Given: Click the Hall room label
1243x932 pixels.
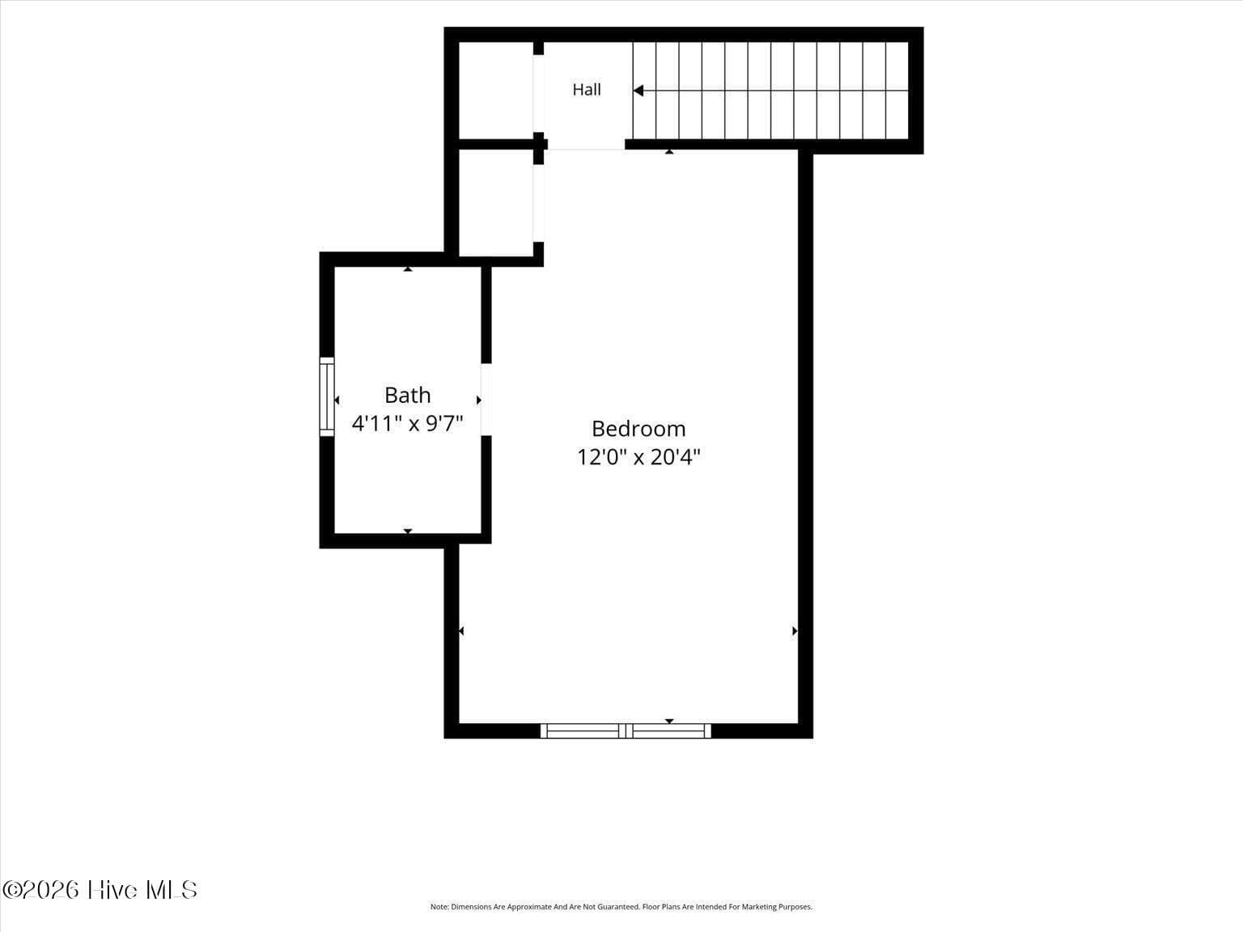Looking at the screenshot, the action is point(587,90).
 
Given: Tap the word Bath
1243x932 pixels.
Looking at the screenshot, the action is point(408,395).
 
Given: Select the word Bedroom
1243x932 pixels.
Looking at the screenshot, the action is point(638,429).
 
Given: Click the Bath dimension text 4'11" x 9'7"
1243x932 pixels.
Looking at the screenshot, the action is point(408,423).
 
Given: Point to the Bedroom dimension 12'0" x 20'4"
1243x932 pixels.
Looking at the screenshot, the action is point(638,457).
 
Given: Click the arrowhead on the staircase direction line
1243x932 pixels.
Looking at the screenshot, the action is point(638,91).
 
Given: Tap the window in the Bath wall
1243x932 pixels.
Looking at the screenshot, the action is point(327,396).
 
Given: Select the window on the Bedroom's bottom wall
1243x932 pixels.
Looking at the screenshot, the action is point(626,731).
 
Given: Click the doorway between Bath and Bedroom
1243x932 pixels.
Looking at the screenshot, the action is point(486,400).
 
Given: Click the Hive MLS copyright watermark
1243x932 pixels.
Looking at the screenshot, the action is point(100,890).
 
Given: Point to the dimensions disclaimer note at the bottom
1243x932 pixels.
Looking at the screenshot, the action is point(621,907).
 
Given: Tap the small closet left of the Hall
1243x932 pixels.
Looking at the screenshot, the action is point(495,90).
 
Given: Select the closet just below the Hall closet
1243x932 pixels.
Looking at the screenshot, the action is point(495,202).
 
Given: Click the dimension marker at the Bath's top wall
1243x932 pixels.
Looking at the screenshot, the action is point(408,269).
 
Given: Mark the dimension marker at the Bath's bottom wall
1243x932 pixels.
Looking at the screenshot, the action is point(408,532).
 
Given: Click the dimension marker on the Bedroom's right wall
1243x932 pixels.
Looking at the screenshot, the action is point(795,630).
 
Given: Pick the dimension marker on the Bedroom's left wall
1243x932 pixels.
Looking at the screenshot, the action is point(461,630).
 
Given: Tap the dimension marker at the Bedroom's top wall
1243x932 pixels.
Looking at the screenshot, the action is point(669,151).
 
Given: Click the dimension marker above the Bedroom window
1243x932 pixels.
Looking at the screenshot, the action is point(669,721).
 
